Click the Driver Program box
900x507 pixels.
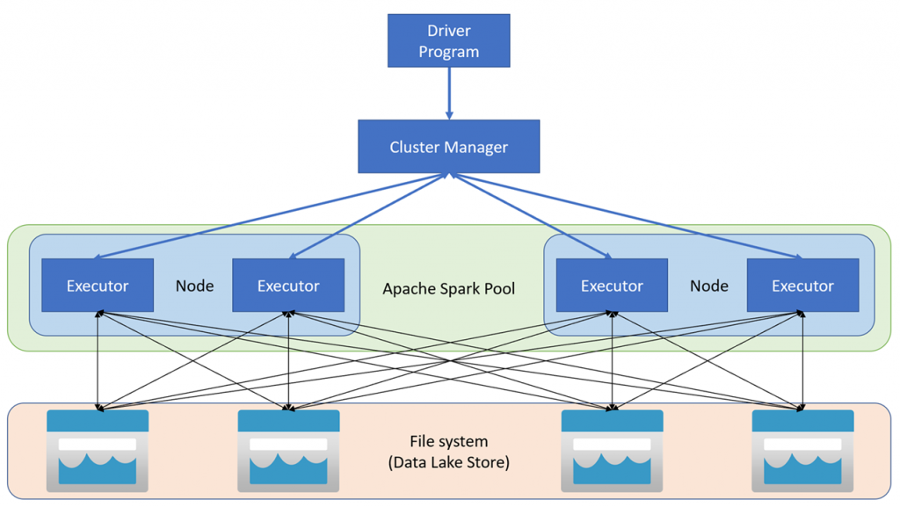[448, 40]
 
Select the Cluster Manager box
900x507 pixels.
[448, 147]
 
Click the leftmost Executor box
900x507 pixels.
[98, 286]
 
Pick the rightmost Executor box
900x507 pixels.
[802, 286]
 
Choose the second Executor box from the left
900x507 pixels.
[288, 286]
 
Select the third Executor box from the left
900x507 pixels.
[612, 286]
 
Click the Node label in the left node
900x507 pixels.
[194, 286]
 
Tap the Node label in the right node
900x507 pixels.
[708, 286]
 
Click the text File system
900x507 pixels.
[448, 441]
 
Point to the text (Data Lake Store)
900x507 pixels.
[448, 462]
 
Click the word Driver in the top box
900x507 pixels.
[448, 31]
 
